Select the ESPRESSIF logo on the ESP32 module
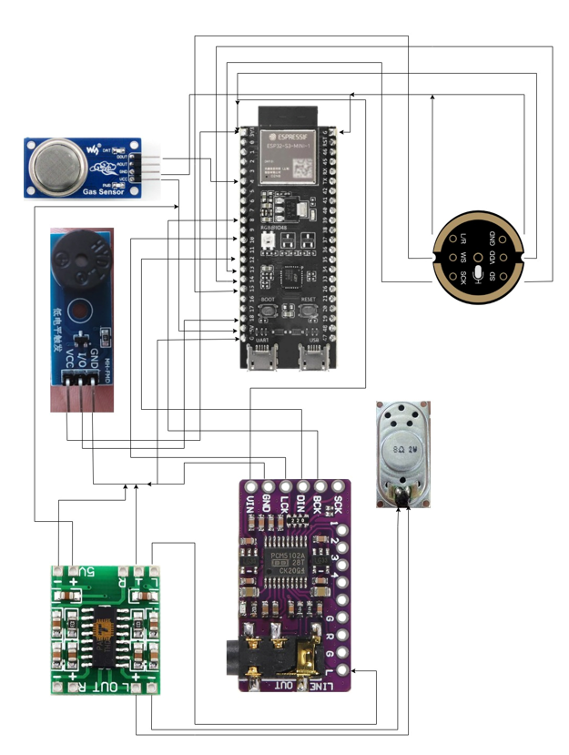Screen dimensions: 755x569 click(289, 138)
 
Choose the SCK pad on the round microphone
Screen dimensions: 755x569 click(462, 274)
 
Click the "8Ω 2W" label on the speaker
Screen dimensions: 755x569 click(402, 450)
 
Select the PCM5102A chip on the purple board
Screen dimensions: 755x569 click(287, 566)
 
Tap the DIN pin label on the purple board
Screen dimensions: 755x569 click(300, 502)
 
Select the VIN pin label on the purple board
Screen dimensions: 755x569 click(249, 504)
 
